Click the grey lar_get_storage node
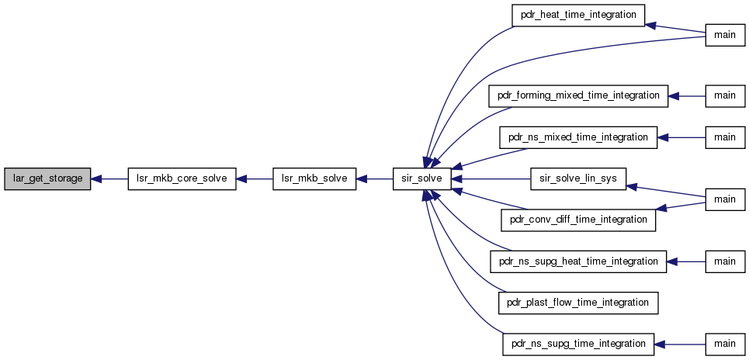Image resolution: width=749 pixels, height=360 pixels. click(x=47, y=178)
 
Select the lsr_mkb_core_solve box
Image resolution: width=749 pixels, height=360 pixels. click(x=182, y=178)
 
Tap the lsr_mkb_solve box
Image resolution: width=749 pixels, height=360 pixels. click(x=314, y=178)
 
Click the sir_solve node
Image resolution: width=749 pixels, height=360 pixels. click(x=421, y=178)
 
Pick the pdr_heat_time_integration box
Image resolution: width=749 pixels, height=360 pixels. click(x=578, y=16)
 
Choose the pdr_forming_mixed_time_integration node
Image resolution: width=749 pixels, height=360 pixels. click(x=578, y=96)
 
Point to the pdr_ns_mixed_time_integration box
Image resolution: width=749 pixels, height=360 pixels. click(x=578, y=137)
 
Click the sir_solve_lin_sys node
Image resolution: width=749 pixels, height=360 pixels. click(x=578, y=178)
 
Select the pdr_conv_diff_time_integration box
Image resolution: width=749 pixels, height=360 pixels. click(x=578, y=220)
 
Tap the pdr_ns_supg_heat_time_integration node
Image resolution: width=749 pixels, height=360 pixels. click(x=578, y=261)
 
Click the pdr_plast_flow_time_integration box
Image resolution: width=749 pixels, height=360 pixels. click(x=578, y=303)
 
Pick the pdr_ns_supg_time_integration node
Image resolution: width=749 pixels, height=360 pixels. click(x=578, y=344)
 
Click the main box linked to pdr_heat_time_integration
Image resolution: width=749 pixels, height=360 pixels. click(x=725, y=35)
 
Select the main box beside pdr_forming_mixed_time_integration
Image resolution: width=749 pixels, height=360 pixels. click(x=725, y=96)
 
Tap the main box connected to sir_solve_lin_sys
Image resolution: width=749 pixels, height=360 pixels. click(x=725, y=199)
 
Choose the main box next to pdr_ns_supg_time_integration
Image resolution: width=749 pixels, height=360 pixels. click(x=725, y=344)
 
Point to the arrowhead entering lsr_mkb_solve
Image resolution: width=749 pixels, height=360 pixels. click(x=362, y=178)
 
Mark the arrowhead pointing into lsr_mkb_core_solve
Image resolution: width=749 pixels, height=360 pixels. click(x=241, y=178)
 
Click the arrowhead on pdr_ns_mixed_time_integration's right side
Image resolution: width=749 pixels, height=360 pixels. click(x=663, y=137)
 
